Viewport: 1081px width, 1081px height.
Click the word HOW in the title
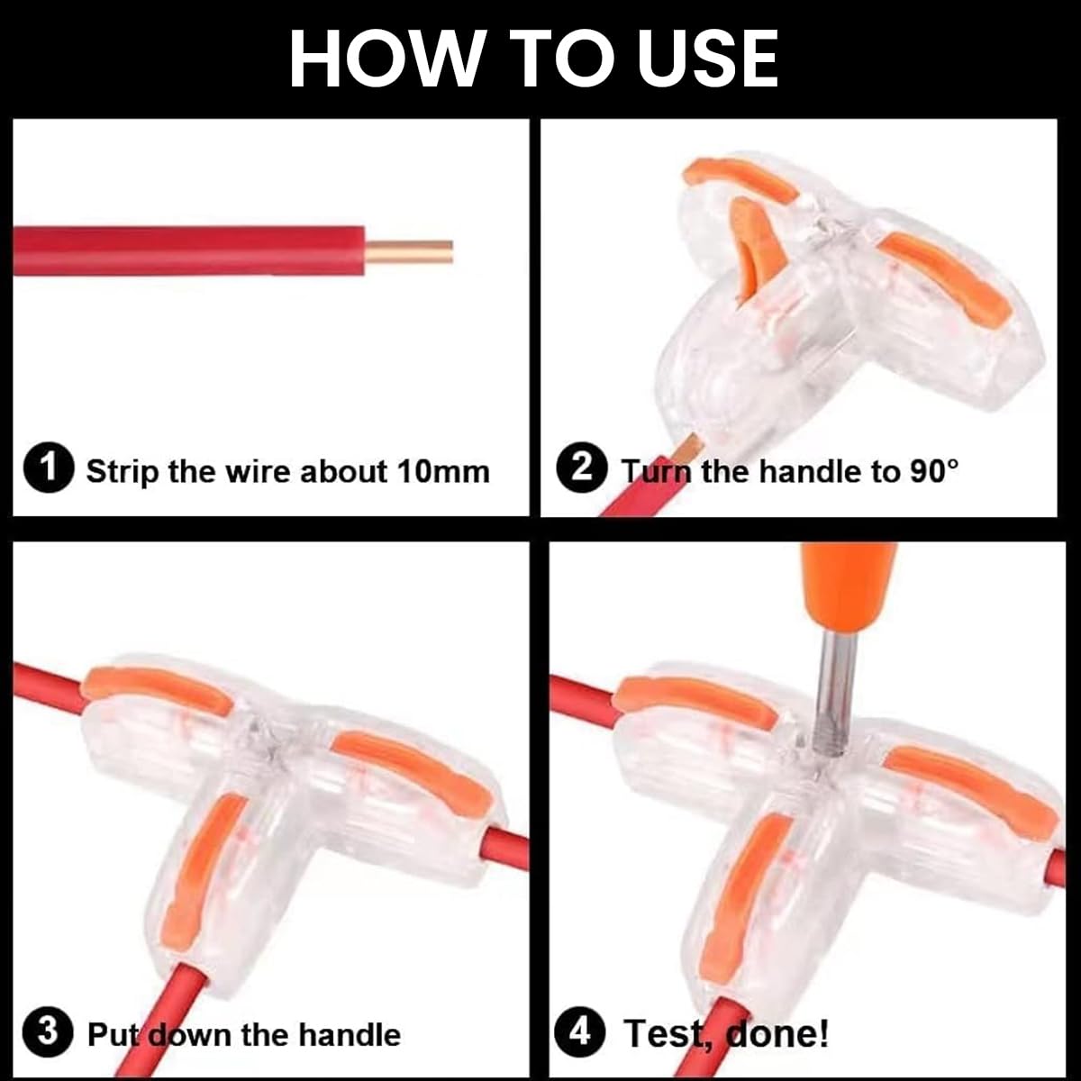point(386,59)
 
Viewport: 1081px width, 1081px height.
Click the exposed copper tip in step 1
point(408,251)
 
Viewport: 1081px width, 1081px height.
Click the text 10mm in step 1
point(444,470)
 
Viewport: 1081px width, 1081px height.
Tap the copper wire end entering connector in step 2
point(689,447)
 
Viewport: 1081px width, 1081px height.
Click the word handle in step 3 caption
point(349,1035)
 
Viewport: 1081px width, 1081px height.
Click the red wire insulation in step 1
point(189,250)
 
